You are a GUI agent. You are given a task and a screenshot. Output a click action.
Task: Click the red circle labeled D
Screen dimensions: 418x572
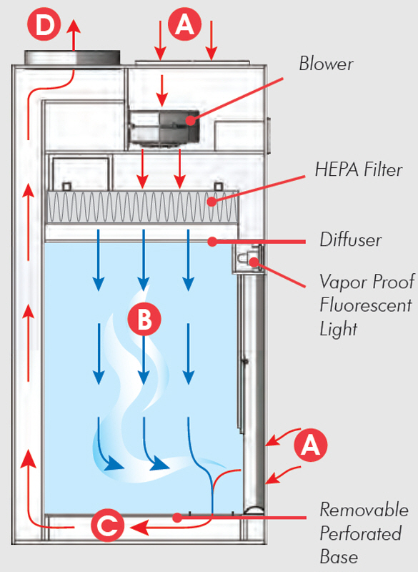44,24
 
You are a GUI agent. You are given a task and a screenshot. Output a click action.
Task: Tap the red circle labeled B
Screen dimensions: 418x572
144,320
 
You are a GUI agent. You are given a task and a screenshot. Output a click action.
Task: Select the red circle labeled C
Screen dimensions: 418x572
107,526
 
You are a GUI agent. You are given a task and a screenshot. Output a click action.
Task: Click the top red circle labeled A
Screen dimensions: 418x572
185,24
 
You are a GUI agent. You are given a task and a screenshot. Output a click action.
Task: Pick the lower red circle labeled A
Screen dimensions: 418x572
311,445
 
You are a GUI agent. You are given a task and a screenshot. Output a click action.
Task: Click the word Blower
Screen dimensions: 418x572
326,64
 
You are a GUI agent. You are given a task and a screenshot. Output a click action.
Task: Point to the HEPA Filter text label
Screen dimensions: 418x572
359,170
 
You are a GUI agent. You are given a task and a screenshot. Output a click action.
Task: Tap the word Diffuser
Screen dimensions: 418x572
351,240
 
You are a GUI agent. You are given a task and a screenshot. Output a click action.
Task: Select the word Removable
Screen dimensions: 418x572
364,510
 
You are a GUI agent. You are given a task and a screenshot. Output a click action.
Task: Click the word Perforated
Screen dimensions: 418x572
361,533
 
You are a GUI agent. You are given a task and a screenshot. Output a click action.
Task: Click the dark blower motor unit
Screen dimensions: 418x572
164,127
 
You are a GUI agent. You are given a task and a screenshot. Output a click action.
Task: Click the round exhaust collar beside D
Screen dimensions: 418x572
72,58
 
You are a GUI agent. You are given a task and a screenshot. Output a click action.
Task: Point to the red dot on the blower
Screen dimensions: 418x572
190,120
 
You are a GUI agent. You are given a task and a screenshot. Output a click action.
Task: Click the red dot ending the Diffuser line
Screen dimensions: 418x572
212,241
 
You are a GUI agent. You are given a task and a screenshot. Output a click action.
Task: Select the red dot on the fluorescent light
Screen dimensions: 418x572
254,261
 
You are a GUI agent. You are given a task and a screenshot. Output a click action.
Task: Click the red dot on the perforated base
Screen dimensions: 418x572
177,517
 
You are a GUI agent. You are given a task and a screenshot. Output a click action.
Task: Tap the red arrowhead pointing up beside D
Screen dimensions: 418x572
74,26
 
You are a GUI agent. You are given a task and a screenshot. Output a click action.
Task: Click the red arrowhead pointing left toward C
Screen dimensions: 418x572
139,527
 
